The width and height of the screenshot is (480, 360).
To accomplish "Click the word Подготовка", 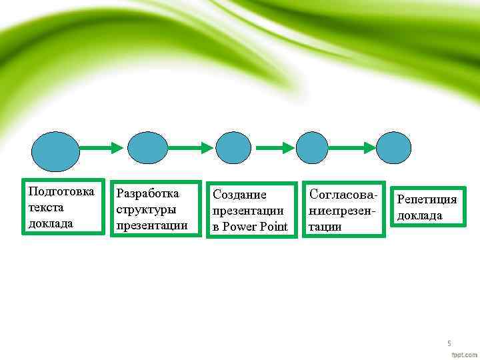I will [62, 192].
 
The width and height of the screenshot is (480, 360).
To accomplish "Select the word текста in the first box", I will [46, 207].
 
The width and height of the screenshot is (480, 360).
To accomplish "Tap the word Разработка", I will [148, 193].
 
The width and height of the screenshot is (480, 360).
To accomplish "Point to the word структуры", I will [147, 209].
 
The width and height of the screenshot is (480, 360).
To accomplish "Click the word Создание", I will [239, 195].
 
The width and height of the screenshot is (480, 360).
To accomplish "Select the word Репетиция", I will [427, 199].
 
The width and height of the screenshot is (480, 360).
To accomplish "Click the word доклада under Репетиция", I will [420, 215].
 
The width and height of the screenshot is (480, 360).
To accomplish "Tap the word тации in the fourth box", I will [326, 227].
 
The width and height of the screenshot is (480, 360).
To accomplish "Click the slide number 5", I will [449, 343].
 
